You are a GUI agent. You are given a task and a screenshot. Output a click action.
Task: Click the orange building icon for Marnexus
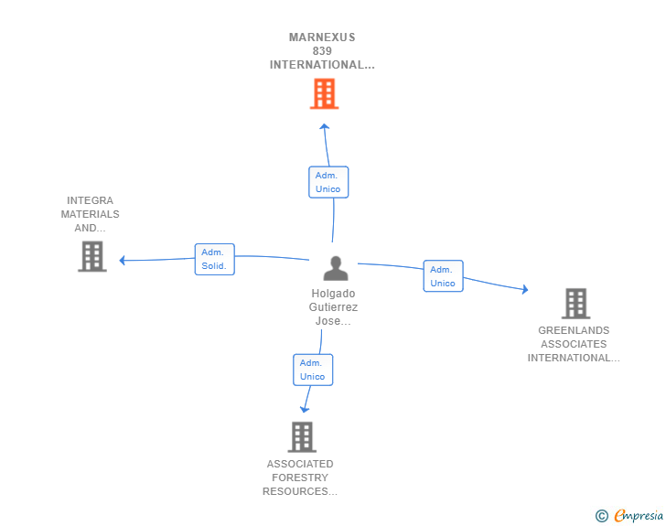tap(324, 93)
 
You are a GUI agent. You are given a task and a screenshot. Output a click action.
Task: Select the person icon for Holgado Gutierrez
tap(336, 268)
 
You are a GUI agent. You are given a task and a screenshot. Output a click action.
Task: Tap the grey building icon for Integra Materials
tap(92, 256)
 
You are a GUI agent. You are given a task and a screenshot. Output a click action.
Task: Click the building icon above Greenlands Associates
tap(576, 304)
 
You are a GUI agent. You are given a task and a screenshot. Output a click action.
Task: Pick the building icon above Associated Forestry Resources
tap(302, 436)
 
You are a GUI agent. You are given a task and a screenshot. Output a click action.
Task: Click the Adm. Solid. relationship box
tap(214, 259)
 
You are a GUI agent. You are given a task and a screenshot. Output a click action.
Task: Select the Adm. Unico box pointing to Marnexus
tap(328, 182)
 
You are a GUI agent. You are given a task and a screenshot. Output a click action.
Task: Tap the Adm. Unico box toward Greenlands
tap(443, 276)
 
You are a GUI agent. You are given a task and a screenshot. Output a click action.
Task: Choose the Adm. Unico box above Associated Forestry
tap(313, 370)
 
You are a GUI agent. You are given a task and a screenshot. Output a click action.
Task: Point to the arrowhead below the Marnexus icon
tap(325, 126)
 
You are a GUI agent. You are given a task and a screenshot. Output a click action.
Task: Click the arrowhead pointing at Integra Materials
tap(123, 260)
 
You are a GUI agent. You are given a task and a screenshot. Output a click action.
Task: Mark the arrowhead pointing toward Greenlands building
tap(525, 289)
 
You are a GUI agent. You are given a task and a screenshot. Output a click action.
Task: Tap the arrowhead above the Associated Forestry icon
tap(305, 409)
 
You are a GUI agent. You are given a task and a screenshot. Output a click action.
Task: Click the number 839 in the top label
tap(322, 51)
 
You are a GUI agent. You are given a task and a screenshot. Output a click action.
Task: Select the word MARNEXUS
tap(322, 38)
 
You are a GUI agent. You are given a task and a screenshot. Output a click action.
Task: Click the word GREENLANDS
tap(574, 330)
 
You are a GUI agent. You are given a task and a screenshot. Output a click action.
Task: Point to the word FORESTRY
tap(300, 478)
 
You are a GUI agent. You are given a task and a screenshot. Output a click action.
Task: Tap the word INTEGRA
tap(90, 200)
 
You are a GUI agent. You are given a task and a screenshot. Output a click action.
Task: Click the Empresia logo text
tap(639, 515)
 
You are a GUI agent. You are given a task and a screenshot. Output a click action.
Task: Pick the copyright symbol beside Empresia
tap(601, 516)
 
